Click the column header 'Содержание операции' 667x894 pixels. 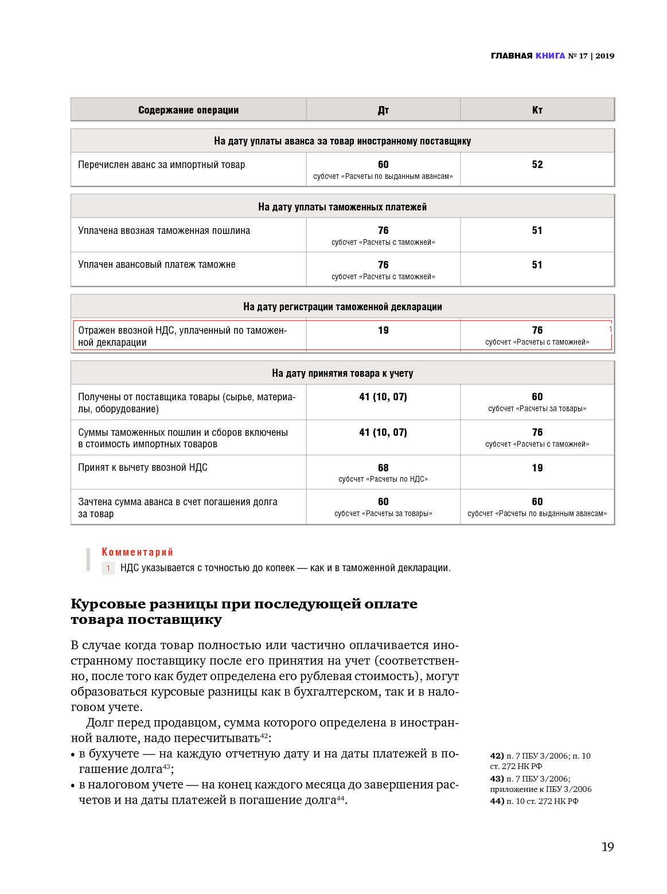pos(188,110)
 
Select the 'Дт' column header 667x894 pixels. pos(383,110)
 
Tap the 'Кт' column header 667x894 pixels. pos(537,110)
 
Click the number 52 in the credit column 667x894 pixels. pos(537,165)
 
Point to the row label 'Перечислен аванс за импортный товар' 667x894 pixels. pos(161,165)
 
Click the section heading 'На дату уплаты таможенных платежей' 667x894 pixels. pos(342,207)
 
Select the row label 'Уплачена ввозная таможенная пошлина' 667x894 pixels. pos(164,231)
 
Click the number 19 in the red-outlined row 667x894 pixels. pos(383,330)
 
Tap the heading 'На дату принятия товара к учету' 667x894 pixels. pos(342,373)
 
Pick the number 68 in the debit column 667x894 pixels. pos(383,468)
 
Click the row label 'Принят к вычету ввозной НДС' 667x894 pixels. pos(143,468)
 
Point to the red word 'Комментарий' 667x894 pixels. pos(137,552)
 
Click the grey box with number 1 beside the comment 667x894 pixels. pos(108,568)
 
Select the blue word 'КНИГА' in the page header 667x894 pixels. pos(550,56)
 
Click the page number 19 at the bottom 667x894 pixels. pos(607,847)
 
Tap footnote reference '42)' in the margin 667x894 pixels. pos(497,756)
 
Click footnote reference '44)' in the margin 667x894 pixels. pos(497,801)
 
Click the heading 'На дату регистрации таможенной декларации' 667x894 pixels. pos(342,307)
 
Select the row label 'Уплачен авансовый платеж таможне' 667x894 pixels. pos(157,265)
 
